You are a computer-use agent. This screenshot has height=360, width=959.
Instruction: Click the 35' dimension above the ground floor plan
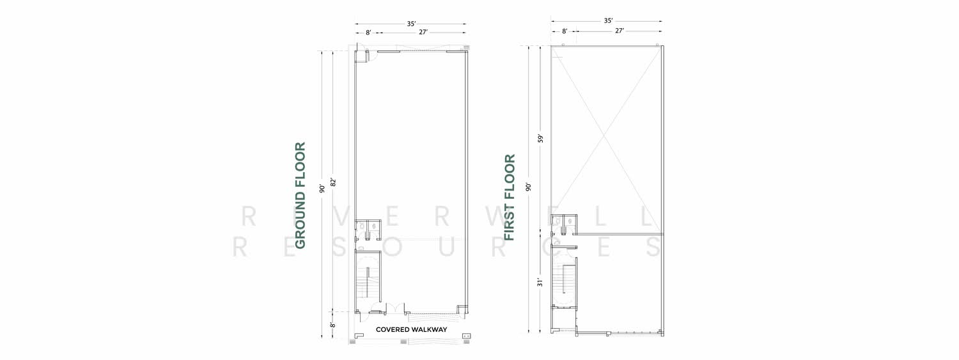tap(411, 24)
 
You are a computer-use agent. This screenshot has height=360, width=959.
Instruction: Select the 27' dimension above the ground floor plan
tap(423, 32)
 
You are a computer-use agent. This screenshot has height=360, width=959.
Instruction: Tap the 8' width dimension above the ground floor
tap(368, 33)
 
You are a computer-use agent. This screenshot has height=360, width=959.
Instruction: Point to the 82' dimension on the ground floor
tap(334, 182)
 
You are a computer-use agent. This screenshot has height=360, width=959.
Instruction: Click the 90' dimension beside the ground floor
tap(322, 188)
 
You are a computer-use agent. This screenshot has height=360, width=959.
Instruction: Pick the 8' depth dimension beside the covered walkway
tap(332, 325)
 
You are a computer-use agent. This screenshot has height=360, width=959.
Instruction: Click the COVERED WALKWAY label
tap(412, 329)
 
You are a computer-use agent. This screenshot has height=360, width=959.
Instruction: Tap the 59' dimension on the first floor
tap(540, 139)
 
